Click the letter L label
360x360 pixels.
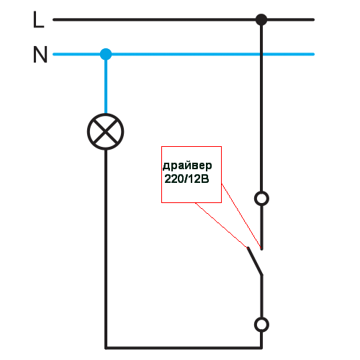pyautogui.click(x=38, y=19)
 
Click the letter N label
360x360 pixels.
pyautogui.click(x=40, y=55)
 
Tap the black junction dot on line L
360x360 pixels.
pyautogui.click(x=261, y=19)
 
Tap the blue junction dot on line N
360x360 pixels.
pyautogui.click(x=106, y=54)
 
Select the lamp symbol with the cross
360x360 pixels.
pyautogui.click(x=106, y=132)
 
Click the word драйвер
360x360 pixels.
pyautogui.click(x=187, y=166)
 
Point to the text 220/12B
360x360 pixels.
pyautogui.click(x=186, y=179)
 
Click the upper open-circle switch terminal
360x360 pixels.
pyautogui.click(x=261, y=199)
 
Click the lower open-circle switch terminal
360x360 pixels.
pyautogui.click(x=261, y=325)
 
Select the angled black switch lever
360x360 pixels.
pyautogui.click(x=255, y=261)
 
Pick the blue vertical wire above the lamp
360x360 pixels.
pyautogui.click(x=106, y=84)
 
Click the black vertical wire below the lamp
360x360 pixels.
pyautogui.click(x=106, y=248)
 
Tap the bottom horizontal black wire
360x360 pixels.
pyautogui.click(x=184, y=348)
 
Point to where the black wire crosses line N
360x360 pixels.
pyautogui.click(x=261, y=54)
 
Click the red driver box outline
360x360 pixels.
pyautogui.click(x=161, y=174)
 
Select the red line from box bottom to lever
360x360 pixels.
pyautogui.click(x=221, y=225)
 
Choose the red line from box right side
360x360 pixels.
pyautogui.click(x=241, y=216)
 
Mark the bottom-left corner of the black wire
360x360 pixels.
pyautogui.click(x=106, y=348)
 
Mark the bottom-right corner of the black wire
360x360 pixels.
pyautogui.click(x=261, y=348)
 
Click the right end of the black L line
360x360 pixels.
pyautogui.click(x=313, y=19)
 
